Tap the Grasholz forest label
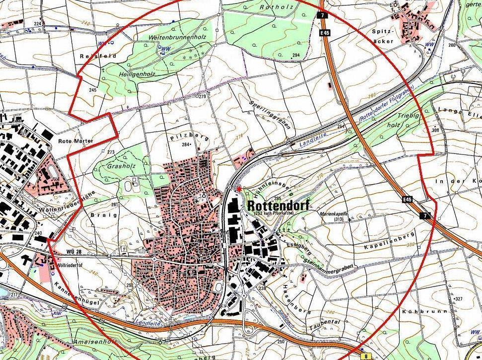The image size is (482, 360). click(121, 166)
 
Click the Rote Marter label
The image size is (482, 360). click(75, 141)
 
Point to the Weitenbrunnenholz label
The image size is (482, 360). click(177, 38)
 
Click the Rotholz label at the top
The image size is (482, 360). click(276, 7)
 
